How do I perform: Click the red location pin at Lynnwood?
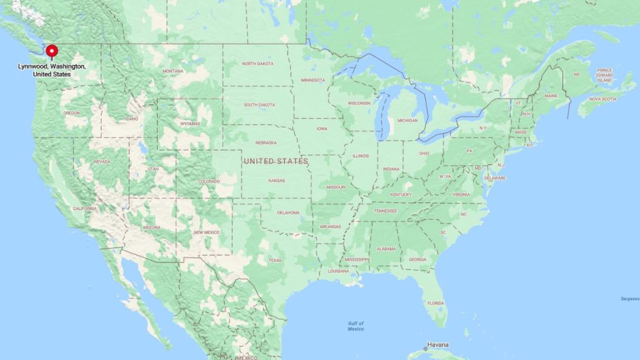[x=52, y=51]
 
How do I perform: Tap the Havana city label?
[x=439, y=345]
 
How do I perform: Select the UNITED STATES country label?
[x=276, y=161]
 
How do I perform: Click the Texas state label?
[x=275, y=260]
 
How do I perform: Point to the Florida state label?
[x=436, y=303]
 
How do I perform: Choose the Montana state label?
[x=172, y=71]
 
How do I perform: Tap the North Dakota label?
[x=257, y=64]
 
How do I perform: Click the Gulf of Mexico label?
[x=356, y=326]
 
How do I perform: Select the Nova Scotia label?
[x=603, y=99]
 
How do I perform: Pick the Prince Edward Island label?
[x=604, y=75]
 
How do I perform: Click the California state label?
[x=84, y=208]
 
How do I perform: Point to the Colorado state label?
[x=209, y=181]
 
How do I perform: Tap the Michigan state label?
[x=407, y=120]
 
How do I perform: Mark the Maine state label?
[x=551, y=96]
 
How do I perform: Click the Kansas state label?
[x=276, y=181]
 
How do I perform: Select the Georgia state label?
[x=417, y=259]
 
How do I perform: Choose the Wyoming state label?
[x=190, y=124]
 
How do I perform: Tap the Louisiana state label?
[x=338, y=271]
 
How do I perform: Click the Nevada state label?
[x=102, y=161]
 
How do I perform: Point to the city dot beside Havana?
[x=426, y=346]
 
